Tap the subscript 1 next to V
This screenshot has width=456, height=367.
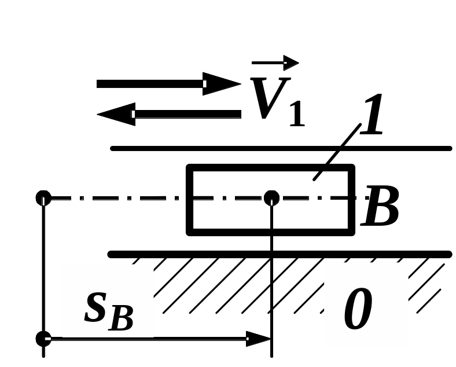click(x=296, y=113)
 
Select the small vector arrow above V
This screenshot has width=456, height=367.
click(x=275, y=63)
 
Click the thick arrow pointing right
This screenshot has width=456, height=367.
click(x=168, y=84)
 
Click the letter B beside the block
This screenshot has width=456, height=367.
click(x=380, y=208)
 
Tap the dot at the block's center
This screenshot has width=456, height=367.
click(x=271, y=198)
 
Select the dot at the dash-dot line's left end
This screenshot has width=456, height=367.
click(x=43, y=198)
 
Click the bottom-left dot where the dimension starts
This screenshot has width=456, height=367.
click(x=43, y=338)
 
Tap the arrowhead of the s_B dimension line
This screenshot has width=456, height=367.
click(x=259, y=339)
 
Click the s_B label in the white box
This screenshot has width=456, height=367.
click(x=108, y=310)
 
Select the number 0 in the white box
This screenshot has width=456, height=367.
click(x=358, y=310)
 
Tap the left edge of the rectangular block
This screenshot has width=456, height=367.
click(x=189, y=200)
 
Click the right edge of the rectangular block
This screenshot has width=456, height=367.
click(x=351, y=200)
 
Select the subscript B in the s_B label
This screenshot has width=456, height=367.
click(x=121, y=318)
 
